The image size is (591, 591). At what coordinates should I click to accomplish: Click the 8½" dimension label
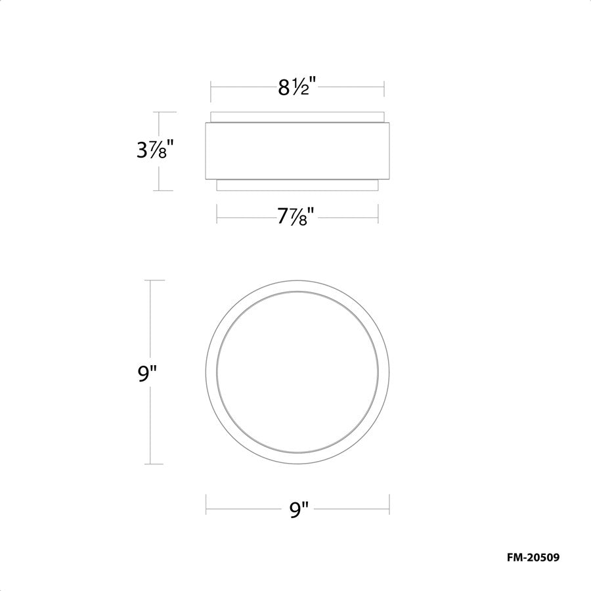click(297, 87)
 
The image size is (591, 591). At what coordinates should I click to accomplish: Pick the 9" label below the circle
click(298, 509)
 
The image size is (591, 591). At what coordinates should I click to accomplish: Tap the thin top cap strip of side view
click(297, 117)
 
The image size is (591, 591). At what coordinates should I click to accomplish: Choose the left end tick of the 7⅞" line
click(217, 214)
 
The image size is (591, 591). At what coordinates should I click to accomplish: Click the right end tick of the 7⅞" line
click(378, 214)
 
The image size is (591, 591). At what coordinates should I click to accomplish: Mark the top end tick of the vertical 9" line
click(152, 280)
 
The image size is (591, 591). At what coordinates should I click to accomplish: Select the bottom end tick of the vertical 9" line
click(152, 464)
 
